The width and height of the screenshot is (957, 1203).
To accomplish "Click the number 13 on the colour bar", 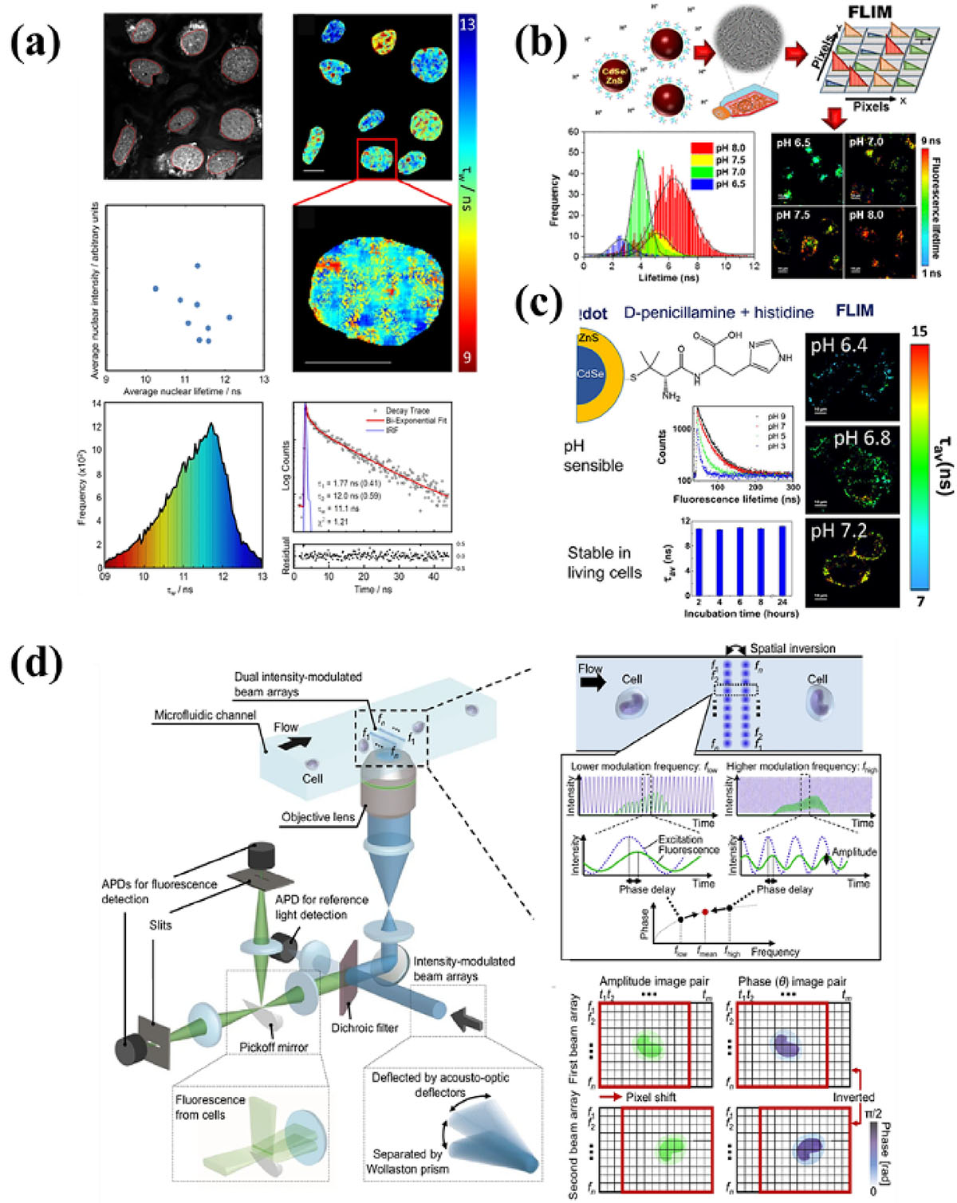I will point(467,25).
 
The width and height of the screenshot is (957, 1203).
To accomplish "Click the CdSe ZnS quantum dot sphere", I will point(612,81).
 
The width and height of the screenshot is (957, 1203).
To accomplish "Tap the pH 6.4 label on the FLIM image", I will point(839,346).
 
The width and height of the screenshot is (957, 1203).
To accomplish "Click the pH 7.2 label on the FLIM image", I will point(839,531).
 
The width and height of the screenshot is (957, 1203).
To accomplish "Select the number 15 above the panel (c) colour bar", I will point(920,331).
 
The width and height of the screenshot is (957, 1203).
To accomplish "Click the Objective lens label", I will point(318,816).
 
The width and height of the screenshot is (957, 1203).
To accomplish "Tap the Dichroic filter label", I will point(364,1028).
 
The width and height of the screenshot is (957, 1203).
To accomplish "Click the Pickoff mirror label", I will point(274,1047).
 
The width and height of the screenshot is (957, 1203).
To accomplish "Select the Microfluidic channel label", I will point(205,715).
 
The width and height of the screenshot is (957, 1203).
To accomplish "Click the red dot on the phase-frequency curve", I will point(705,911).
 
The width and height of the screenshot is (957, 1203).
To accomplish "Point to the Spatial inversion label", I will point(792,648).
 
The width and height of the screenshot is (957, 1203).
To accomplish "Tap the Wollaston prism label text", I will point(408,1169).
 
